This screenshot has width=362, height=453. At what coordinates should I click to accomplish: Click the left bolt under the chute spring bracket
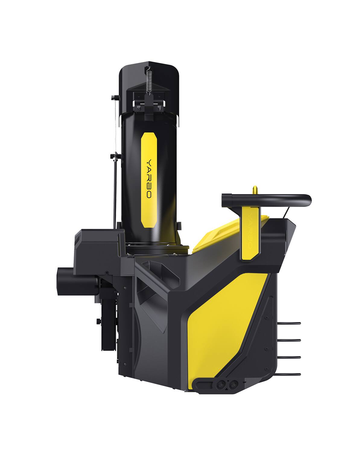[137, 106]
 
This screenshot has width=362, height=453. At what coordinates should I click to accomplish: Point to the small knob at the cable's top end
[112, 98]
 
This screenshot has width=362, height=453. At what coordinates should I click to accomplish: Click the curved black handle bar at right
[265, 198]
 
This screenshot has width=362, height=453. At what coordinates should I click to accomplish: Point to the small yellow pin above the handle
[255, 189]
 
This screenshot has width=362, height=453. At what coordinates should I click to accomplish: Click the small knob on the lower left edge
[98, 320]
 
